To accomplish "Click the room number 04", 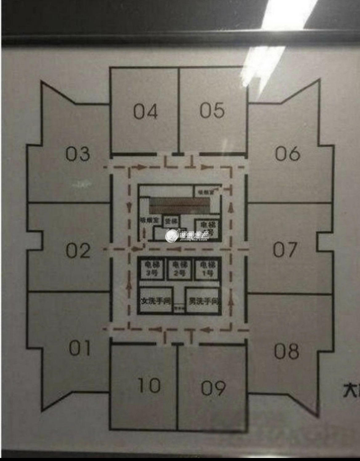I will click(146, 112).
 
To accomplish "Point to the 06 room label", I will click(287, 153).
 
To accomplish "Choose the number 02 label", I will click(78, 251).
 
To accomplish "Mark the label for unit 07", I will click(286, 250).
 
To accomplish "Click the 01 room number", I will click(80, 348).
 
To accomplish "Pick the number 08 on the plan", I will click(286, 351).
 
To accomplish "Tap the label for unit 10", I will click(149, 385).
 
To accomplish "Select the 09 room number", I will click(213, 388).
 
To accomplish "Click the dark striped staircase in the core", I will click(180, 206).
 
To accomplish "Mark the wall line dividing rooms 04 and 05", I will click(179, 111).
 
